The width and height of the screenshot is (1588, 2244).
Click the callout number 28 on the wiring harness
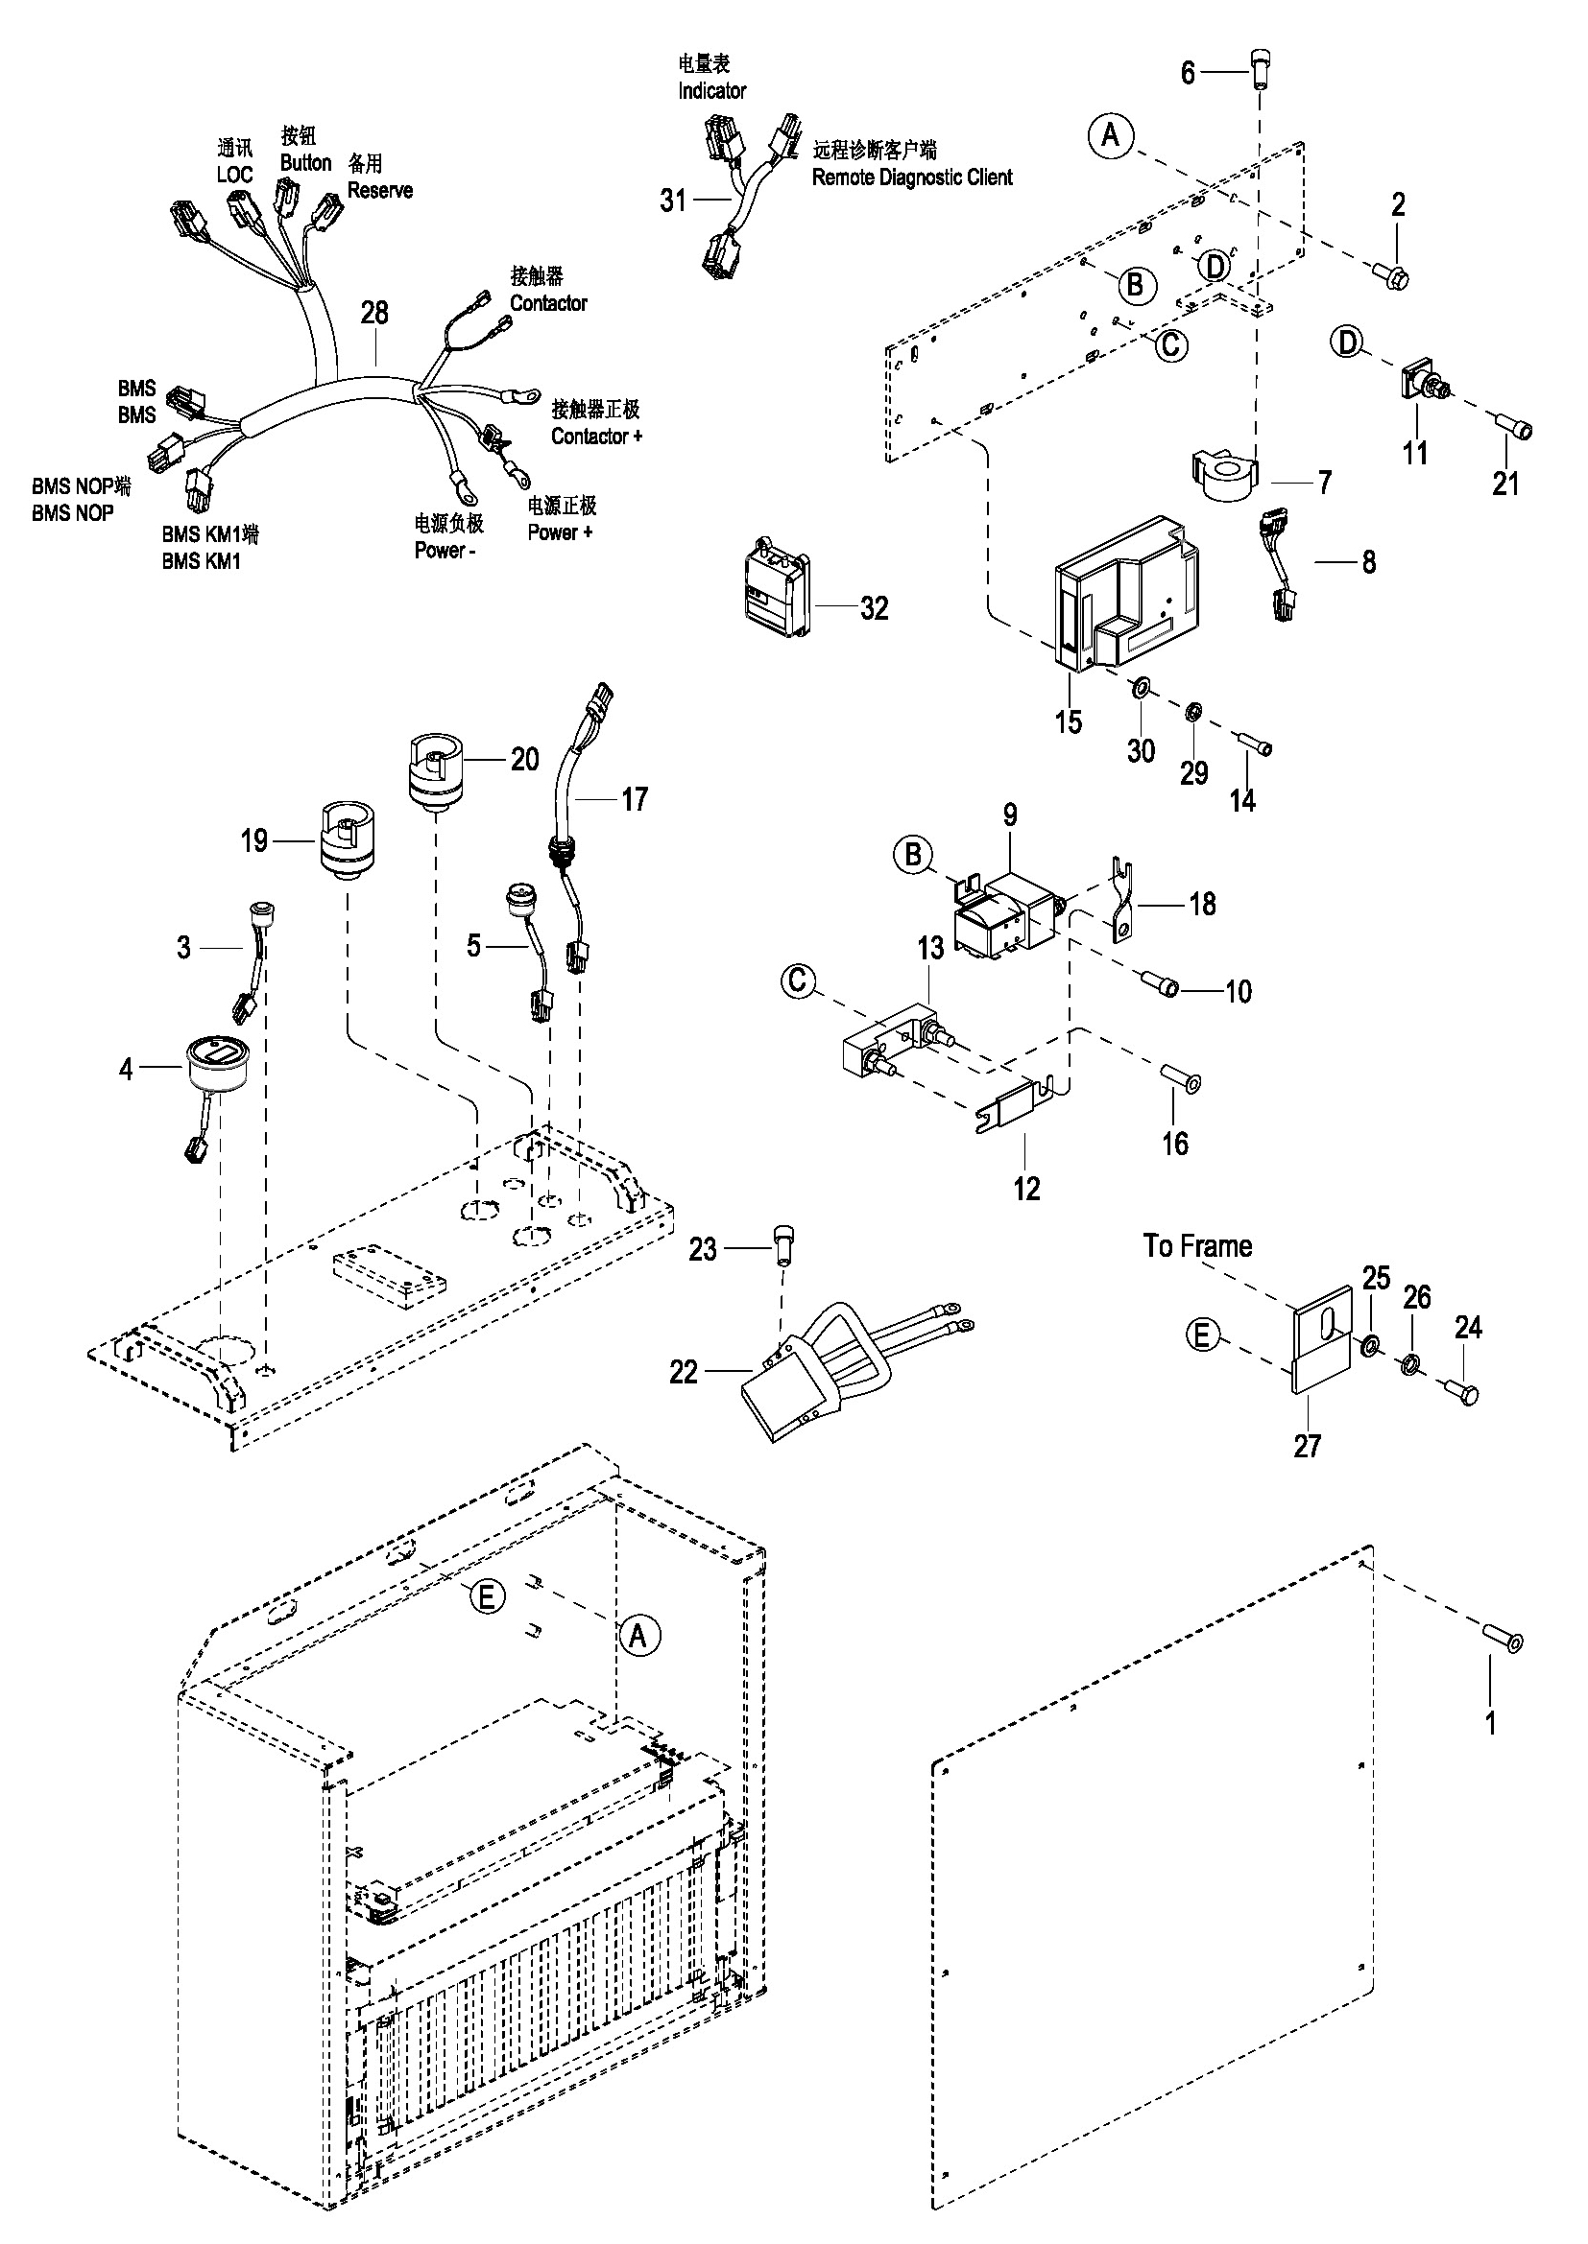coord(374,313)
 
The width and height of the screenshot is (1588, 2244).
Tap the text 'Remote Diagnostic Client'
coord(912,177)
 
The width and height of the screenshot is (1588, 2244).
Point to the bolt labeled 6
coord(1261,70)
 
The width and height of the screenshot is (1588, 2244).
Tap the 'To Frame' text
coord(1197,1246)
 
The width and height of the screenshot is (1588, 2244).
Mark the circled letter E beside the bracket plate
coord(1204,1335)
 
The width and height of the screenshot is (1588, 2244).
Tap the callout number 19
coord(254,840)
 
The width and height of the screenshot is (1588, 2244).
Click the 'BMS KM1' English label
coord(201,561)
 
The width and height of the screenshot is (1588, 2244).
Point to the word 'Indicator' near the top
coord(711,91)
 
